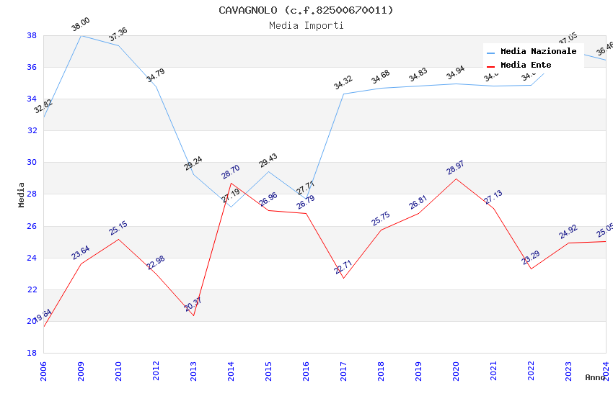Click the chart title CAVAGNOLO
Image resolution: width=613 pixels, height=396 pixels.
pos(306,10)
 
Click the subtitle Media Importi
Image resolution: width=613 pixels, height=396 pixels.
pos(306,26)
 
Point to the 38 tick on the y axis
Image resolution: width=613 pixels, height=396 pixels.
pos(32,35)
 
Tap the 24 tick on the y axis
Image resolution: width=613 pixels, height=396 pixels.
pos(32,258)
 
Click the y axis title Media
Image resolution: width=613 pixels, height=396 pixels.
pos(22,194)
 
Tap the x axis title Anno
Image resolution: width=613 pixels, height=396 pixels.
pos(595,377)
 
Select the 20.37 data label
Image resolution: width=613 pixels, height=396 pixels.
pos(193,305)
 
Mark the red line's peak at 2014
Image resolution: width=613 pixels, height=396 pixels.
pos(231,183)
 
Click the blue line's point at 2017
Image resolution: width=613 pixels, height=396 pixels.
pos(343,94)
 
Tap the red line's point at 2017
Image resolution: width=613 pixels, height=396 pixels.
pos(343,278)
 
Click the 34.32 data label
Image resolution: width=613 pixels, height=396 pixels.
pos(343,83)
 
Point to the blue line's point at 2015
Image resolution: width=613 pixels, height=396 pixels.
pos(268,171)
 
